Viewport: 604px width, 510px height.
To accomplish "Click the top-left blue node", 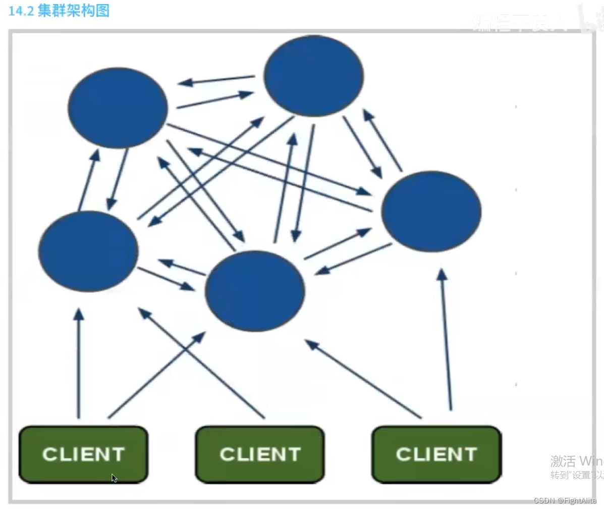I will pyautogui.click(x=118, y=108).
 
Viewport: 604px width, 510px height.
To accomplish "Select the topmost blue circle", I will pyautogui.click(x=313, y=76).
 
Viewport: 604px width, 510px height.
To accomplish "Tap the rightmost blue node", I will pyautogui.click(x=431, y=211).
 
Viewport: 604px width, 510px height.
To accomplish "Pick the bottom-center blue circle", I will pyautogui.click(x=255, y=291).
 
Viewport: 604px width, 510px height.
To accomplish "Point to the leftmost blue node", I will pyautogui.click(x=88, y=251).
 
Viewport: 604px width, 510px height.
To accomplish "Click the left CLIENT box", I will pyautogui.click(x=83, y=454).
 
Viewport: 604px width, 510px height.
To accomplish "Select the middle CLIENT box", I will pyautogui.click(x=260, y=454).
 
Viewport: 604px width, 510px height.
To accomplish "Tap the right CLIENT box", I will pyautogui.click(x=436, y=454).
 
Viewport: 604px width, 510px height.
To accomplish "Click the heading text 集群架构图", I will pyautogui.click(x=73, y=11).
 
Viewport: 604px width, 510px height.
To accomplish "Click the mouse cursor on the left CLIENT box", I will pyautogui.click(x=115, y=478).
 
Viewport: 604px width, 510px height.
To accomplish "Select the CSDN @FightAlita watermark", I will pyautogui.click(x=565, y=500).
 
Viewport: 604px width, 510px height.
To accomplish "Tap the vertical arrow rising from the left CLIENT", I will pyautogui.click(x=78, y=364).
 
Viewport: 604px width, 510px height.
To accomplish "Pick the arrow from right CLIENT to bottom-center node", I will pyautogui.click(x=363, y=379).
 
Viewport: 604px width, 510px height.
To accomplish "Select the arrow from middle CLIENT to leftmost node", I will pyautogui.click(x=202, y=364).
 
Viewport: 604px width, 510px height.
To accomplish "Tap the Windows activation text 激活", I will pyautogui.click(x=563, y=461).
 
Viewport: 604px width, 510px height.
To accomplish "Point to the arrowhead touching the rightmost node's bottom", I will pyautogui.click(x=442, y=274).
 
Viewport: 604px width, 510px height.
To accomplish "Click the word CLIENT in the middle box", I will pyautogui.click(x=260, y=454).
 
